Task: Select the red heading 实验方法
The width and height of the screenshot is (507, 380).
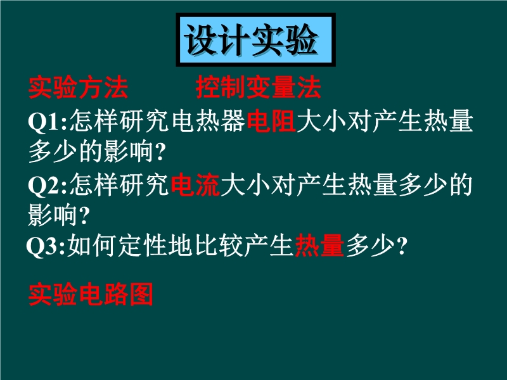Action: [78, 87]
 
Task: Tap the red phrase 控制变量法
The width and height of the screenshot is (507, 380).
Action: [259, 87]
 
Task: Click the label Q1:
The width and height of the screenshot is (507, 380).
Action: [48, 122]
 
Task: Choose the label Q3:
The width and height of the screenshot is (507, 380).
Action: [46, 246]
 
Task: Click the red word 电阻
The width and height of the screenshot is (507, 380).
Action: [271, 121]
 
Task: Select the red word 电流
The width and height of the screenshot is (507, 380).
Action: [195, 184]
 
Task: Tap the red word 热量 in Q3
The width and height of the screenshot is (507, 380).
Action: [319, 245]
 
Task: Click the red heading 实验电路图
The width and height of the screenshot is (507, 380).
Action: [91, 294]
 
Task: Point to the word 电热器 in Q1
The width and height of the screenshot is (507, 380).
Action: [209, 121]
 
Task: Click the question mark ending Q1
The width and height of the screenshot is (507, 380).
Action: [160, 152]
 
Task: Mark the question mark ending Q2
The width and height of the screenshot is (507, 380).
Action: [84, 215]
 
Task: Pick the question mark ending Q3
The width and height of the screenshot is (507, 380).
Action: [402, 246]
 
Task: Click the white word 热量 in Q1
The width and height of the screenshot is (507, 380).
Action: [449, 121]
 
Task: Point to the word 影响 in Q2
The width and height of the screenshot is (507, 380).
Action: [53, 215]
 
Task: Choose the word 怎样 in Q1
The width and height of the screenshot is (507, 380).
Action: [94, 121]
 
